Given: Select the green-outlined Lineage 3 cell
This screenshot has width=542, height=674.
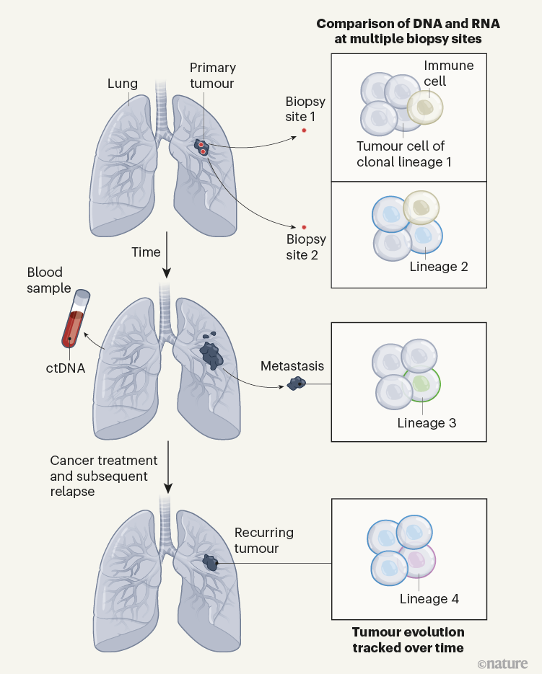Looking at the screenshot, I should click(421, 385).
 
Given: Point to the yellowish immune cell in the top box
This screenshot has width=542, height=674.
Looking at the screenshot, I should click(425, 108).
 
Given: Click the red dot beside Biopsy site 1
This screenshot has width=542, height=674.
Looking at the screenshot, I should click(304, 130).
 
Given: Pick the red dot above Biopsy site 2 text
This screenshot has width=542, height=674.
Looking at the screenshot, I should click(304, 226).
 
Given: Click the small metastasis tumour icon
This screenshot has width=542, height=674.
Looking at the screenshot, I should click(296, 384).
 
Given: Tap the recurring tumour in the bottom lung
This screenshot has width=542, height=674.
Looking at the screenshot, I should click(211, 562).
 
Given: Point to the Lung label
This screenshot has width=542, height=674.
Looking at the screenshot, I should click(122, 84).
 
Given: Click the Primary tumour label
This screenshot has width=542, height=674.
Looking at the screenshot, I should click(213, 76).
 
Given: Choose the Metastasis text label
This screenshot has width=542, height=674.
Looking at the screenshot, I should click(292, 366).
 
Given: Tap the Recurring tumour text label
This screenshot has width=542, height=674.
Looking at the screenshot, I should click(264, 541).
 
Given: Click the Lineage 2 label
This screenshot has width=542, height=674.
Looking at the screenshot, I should click(439, 267).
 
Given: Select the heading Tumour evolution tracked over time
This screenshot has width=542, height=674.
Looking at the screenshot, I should click(408, 639).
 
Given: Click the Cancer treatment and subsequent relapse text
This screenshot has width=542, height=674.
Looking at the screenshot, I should click(103, 476).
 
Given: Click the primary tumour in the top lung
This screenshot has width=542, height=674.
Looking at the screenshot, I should click(202, 148).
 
